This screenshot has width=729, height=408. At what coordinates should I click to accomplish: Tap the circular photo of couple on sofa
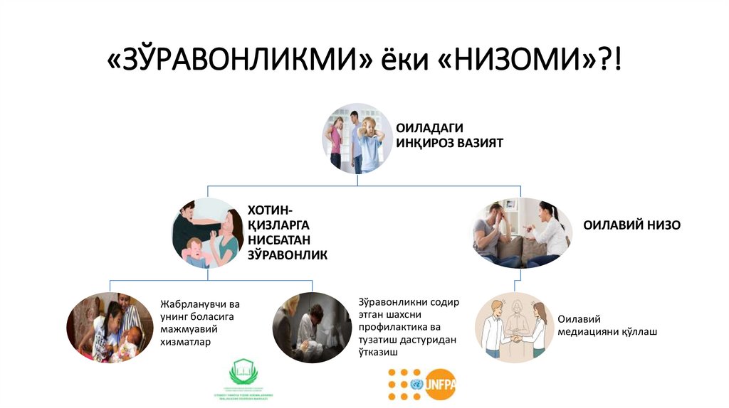tap(523, 233)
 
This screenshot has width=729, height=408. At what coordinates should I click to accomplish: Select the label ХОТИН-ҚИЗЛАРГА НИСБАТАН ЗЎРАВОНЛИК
tap(287, 232)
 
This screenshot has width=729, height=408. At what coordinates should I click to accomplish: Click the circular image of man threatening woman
tap(207, 232)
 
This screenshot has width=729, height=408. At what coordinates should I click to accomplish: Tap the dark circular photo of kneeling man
tap(312, 328)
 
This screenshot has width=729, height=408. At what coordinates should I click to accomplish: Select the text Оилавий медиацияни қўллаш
tap(607, 326)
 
